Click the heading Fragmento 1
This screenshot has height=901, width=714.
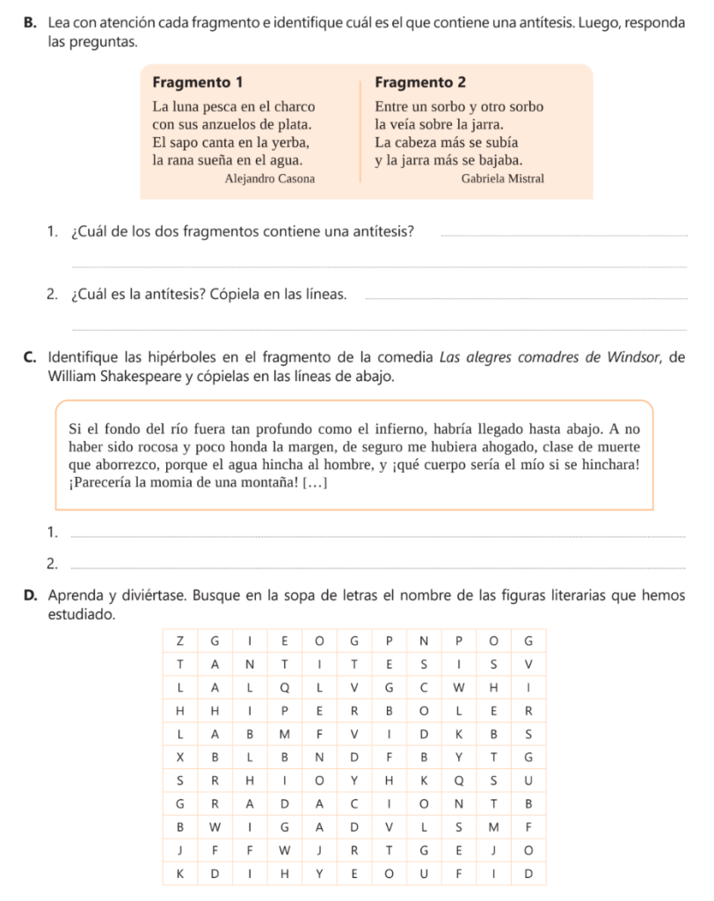click(197, 83)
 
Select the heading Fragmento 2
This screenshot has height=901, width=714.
click(419, 83)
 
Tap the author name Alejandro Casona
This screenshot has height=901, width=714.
click(269, 179)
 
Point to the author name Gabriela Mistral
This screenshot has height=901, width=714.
click(502, 179)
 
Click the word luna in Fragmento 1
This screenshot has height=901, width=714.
click(186, 107)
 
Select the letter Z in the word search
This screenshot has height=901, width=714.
click(180, 639)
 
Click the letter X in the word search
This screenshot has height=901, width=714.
click(180, 757)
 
